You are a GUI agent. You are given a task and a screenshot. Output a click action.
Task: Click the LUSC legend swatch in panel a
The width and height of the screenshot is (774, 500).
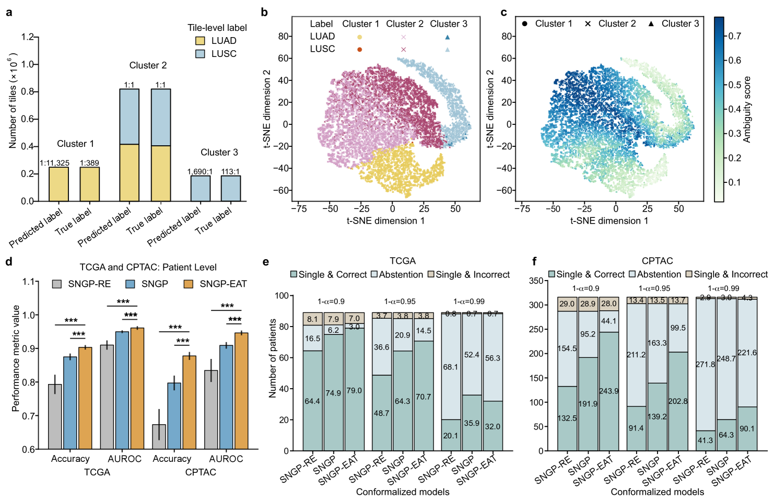200,54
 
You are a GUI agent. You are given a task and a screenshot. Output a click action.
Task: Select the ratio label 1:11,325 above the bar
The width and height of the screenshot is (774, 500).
54,163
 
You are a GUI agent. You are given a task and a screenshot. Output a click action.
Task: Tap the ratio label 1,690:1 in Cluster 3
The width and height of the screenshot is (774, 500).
200,171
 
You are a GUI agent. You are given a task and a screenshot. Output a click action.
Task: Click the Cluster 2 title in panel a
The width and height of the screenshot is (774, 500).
148,65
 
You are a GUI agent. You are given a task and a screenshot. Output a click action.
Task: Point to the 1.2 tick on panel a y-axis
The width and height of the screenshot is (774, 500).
27,37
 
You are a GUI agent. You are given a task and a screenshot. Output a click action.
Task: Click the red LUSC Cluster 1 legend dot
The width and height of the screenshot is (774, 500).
359,49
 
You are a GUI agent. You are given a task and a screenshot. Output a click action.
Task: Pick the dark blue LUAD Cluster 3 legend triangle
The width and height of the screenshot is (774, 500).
448,37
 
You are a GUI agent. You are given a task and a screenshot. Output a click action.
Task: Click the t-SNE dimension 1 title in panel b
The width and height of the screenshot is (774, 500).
385,220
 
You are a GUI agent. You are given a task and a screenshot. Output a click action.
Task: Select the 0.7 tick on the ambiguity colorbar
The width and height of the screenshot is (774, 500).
735,36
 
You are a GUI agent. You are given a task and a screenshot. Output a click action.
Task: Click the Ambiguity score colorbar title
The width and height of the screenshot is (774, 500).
747,110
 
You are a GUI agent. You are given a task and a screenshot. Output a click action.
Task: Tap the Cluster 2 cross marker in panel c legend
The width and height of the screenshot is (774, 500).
588,24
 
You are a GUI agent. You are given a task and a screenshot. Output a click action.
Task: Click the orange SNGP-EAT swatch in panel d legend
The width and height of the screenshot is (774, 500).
189,284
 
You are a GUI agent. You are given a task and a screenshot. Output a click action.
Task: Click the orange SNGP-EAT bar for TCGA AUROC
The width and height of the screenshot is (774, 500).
137,388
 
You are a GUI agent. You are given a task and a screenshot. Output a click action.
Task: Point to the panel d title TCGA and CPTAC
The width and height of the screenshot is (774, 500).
148,268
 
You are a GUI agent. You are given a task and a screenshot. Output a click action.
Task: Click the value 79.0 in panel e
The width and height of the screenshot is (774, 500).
354,391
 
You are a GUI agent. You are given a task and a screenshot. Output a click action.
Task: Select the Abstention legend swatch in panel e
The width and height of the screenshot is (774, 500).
374,275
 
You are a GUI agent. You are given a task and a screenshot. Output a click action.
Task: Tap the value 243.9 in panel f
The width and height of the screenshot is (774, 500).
609,391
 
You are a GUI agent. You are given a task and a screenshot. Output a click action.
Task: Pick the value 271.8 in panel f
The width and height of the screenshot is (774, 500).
705,364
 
